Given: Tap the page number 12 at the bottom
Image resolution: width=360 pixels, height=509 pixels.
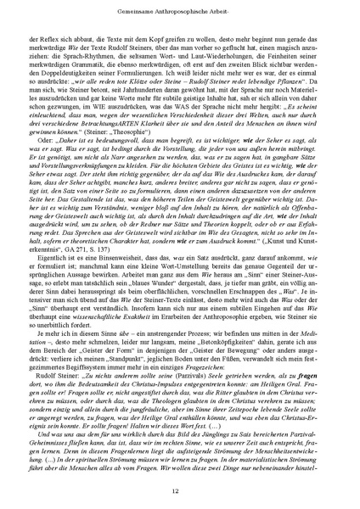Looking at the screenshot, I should point(180,489).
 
